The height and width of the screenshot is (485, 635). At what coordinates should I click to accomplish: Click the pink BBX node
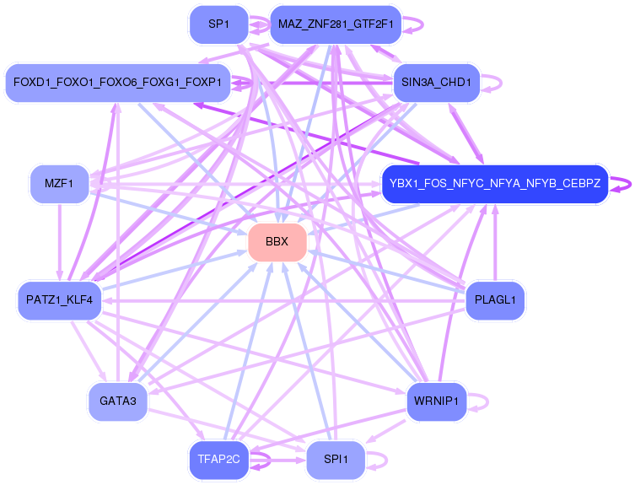tap(277, 242)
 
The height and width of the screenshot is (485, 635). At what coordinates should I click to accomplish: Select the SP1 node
tap(218, 24)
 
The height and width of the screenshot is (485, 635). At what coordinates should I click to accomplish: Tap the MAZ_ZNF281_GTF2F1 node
tap(336, 24)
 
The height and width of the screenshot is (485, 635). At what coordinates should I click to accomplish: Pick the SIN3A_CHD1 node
tap(436, 83)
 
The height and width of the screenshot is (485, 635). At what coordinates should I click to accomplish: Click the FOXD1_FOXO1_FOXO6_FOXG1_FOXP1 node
tap(117, 83)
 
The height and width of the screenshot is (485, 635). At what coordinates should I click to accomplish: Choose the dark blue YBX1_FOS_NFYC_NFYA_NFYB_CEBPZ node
tap(495, 184)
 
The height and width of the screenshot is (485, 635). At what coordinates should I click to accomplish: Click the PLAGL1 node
tap(495, 300)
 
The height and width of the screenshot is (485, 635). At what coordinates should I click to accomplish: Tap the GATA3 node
tap(117, 401)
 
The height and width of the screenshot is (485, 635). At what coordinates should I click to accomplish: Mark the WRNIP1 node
tap(436, 401)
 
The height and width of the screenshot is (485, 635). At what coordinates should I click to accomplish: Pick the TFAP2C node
tap(218, 460)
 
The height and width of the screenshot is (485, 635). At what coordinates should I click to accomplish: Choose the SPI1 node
tap(336, 460)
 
